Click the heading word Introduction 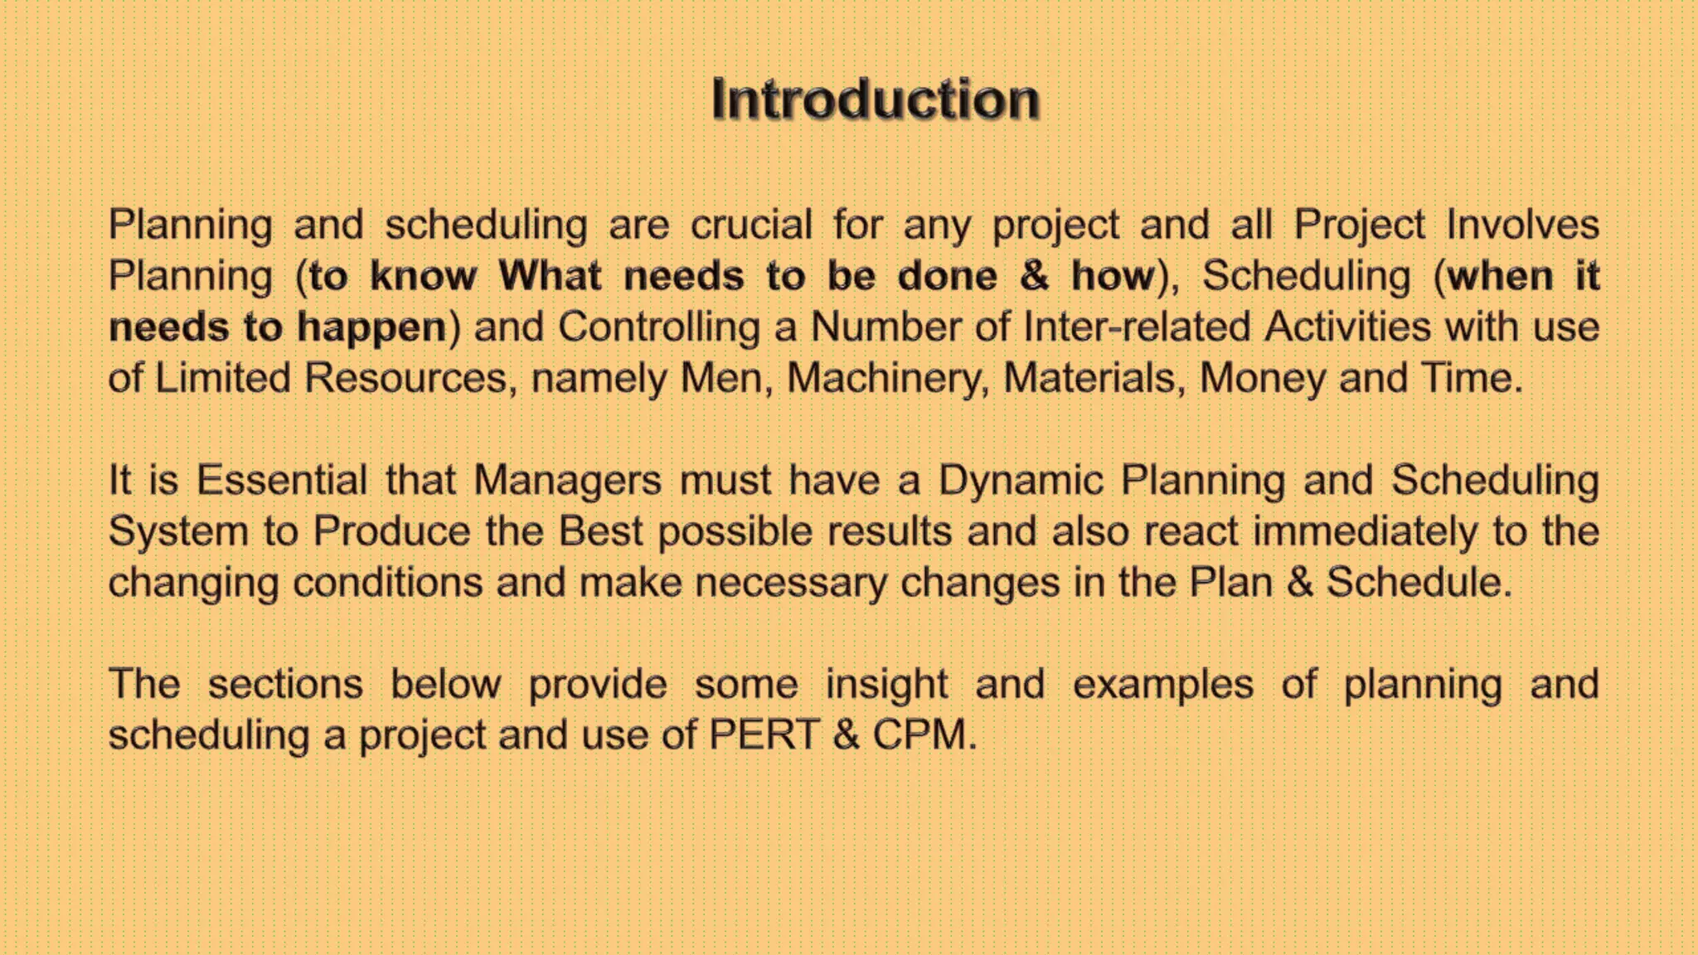point(875,99)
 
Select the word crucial point(751,225)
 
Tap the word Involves point(1523,225)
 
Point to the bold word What point(550,275)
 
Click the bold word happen point(372,327)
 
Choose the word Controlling point(659,327)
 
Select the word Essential point(282,480)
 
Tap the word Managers point(567,480)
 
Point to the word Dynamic point(1021,480)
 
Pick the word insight point(886,685)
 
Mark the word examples point(1162,685)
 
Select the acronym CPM point(919,735)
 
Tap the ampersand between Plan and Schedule point(1300,582)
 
